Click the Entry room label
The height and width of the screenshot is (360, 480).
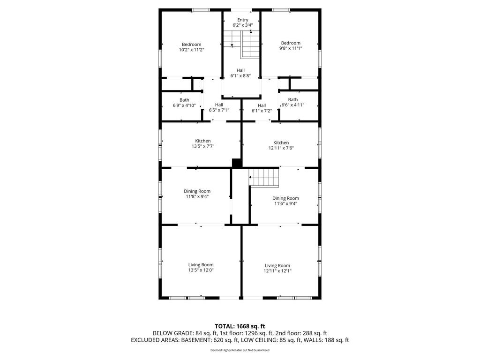coord(243,20)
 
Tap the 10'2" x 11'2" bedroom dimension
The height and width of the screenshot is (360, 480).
coord(192,50)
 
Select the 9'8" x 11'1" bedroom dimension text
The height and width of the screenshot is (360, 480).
coord(291,48)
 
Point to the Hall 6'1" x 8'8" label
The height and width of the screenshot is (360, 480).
coord(240,73)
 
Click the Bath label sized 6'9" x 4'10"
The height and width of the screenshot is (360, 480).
coord(184,103)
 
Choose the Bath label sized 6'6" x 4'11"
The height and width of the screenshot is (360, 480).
coord(292,102)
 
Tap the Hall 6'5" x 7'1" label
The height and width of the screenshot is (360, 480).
coord(219,107)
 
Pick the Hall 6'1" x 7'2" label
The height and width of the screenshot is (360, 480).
coord(262,108)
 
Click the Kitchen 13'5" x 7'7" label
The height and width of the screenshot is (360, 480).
coord(203,143)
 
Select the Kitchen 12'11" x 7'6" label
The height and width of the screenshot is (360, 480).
coord(281,145)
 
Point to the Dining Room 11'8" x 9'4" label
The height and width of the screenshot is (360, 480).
coord(197,194)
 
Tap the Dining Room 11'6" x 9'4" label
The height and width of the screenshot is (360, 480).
coord(285,201)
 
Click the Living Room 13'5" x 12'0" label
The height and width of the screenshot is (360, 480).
coord(201,267)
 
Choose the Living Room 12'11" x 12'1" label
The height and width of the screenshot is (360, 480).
coord(277,268)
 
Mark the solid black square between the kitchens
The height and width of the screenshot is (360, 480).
coord(237,163)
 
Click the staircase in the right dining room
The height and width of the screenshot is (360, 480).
coord(264,177)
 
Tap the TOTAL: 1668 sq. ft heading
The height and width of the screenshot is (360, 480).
coord(240,326)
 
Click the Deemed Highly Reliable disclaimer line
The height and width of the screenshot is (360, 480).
coord(240,350)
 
